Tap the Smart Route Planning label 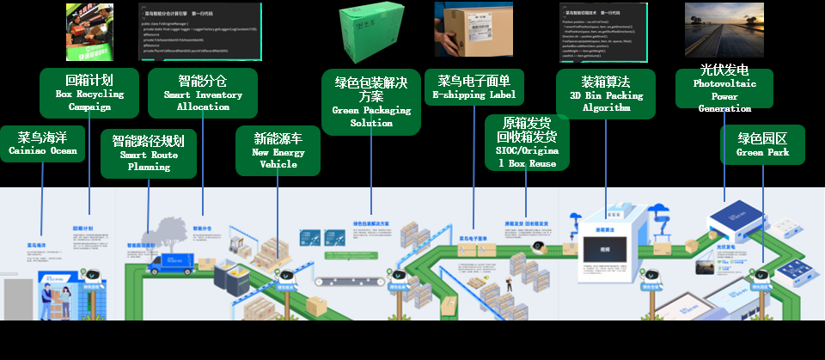(x=148, y=154)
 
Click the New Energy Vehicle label (x=278, y=150)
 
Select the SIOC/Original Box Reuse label (x=527, y=143)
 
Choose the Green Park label (x=763, y=144)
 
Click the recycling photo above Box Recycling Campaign (x=90, y=33)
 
